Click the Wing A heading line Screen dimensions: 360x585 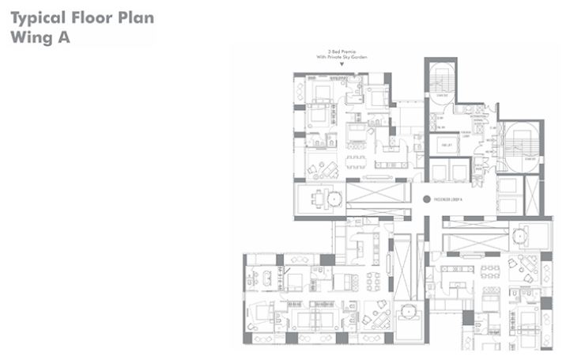pyautogui.click(x=39, y=36)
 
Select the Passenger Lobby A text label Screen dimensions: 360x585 pyautogui.click(x=453, y=200)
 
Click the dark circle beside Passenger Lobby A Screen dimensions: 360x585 pyautogui.click(x=427, y=200)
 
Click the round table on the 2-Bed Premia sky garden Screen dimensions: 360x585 pyautogui.click(x=333, y=198)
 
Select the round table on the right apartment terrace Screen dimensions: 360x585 pyautogui.click(x=519, y=233)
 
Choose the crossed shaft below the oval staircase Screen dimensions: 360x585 pyautogui.click(x=532, y=195)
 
